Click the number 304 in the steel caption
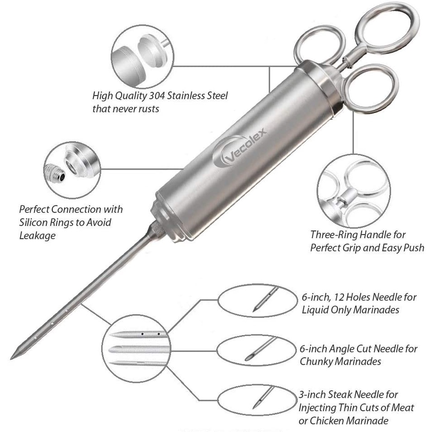(171, 95)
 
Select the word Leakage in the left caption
(37, 235)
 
